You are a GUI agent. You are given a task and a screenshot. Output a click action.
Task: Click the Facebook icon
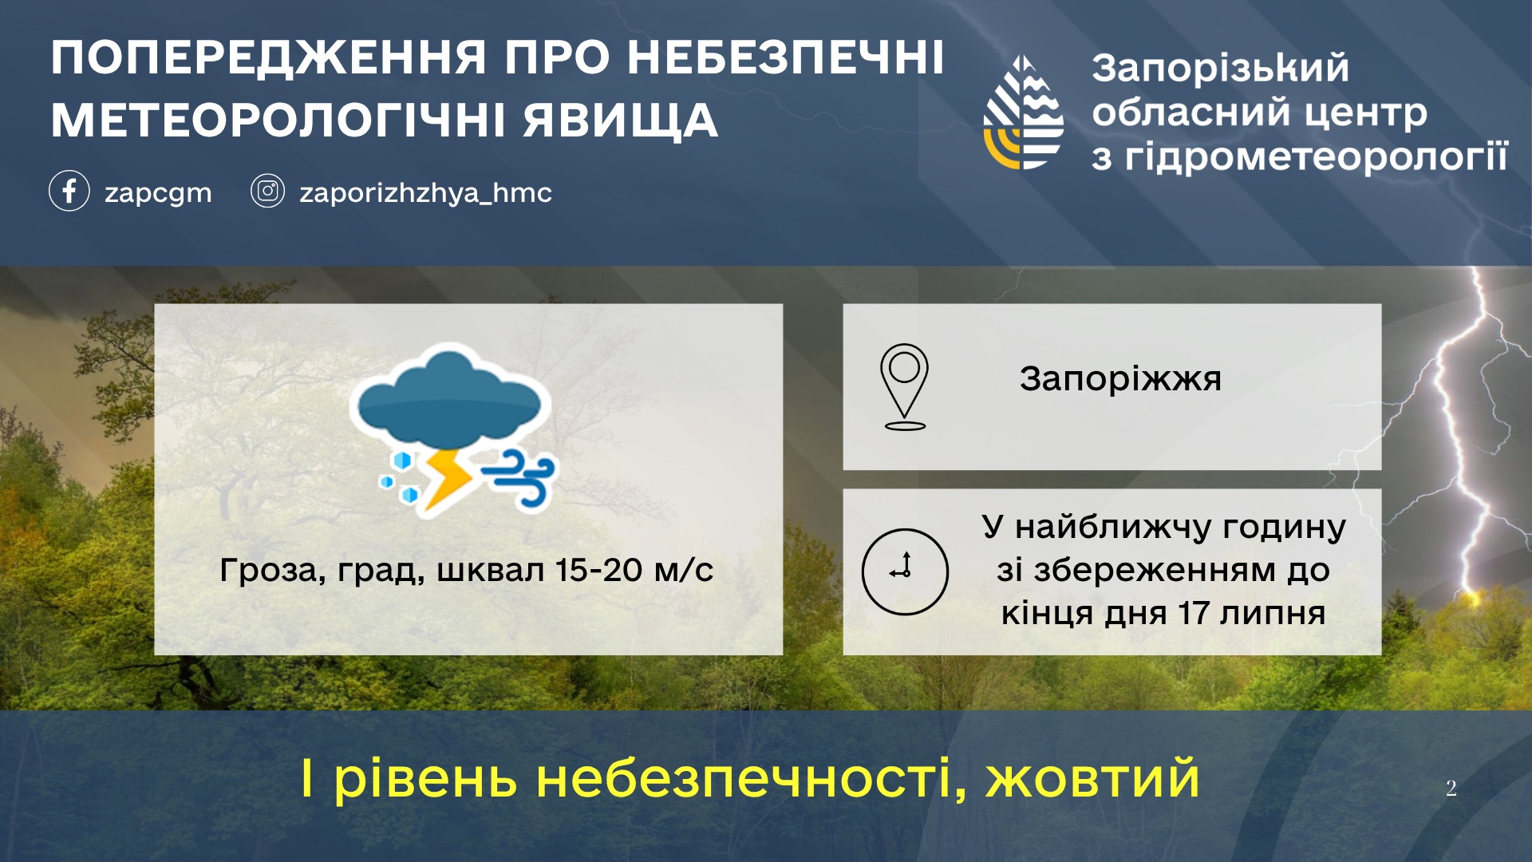click(69, 192)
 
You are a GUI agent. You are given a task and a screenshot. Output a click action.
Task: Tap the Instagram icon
click(267, 192)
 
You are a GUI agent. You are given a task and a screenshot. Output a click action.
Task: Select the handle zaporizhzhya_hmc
click(425, 193)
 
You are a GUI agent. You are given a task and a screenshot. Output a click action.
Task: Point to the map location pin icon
click(904, 387)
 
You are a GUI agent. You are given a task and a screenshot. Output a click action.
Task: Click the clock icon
click(905, 571)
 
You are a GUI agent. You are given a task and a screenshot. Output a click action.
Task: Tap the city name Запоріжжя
click(1120, 379)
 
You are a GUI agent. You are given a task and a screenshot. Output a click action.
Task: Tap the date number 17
click(1194, 613)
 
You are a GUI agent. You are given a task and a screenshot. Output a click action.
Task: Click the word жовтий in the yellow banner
click(1092, 778)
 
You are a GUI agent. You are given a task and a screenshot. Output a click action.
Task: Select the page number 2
click(1451, 788)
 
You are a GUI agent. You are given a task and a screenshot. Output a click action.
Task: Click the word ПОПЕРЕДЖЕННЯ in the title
click(269, 58)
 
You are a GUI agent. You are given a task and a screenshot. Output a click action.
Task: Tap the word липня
click(1272, 613)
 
